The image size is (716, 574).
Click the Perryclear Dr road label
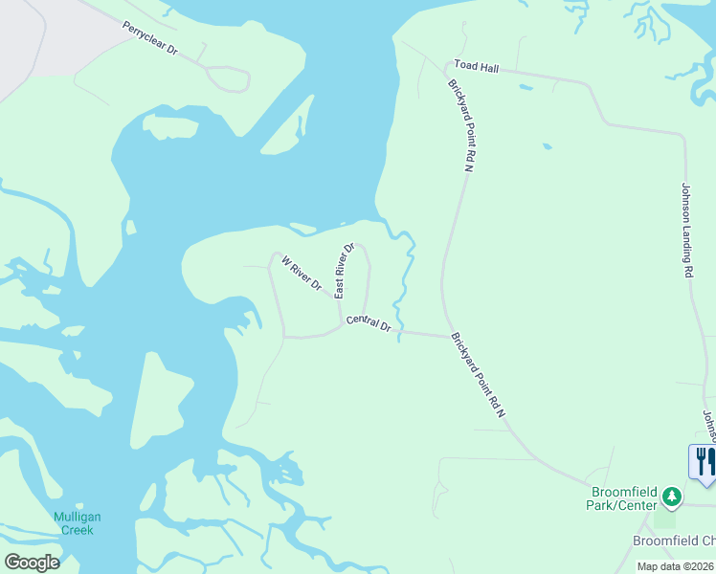click(150, 37)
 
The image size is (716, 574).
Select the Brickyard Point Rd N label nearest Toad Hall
click(460, 125)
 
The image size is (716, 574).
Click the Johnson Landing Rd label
click(685, 230)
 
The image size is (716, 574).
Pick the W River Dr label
click(301, 273)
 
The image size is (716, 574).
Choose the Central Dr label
click(369, 324)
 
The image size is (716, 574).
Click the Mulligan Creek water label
click(77, 523)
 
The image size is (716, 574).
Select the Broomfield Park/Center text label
click(624, 498)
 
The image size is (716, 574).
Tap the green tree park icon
click(672, 496)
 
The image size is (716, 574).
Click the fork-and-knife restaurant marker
click(703, 461)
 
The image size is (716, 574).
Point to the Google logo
click(32, 563)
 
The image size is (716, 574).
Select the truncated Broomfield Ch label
click(674, 541)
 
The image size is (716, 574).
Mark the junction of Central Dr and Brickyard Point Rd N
click(449, 335)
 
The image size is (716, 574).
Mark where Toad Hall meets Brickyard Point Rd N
click(448, 70)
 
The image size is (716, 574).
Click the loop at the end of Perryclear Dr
click(228, 78)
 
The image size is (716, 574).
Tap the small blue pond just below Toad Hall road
click(526, 88)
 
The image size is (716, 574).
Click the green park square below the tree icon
click(664, 519)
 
